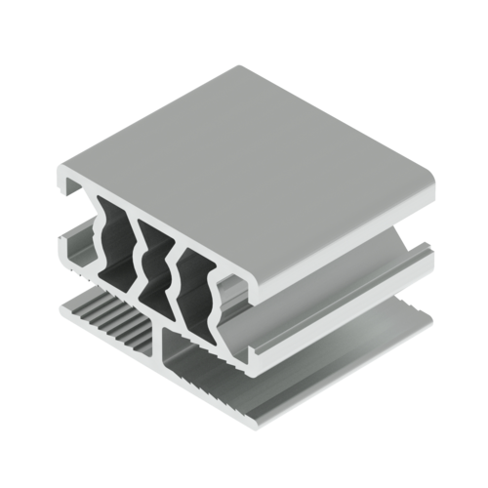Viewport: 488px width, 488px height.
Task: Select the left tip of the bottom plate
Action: (x=61, y=306)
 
